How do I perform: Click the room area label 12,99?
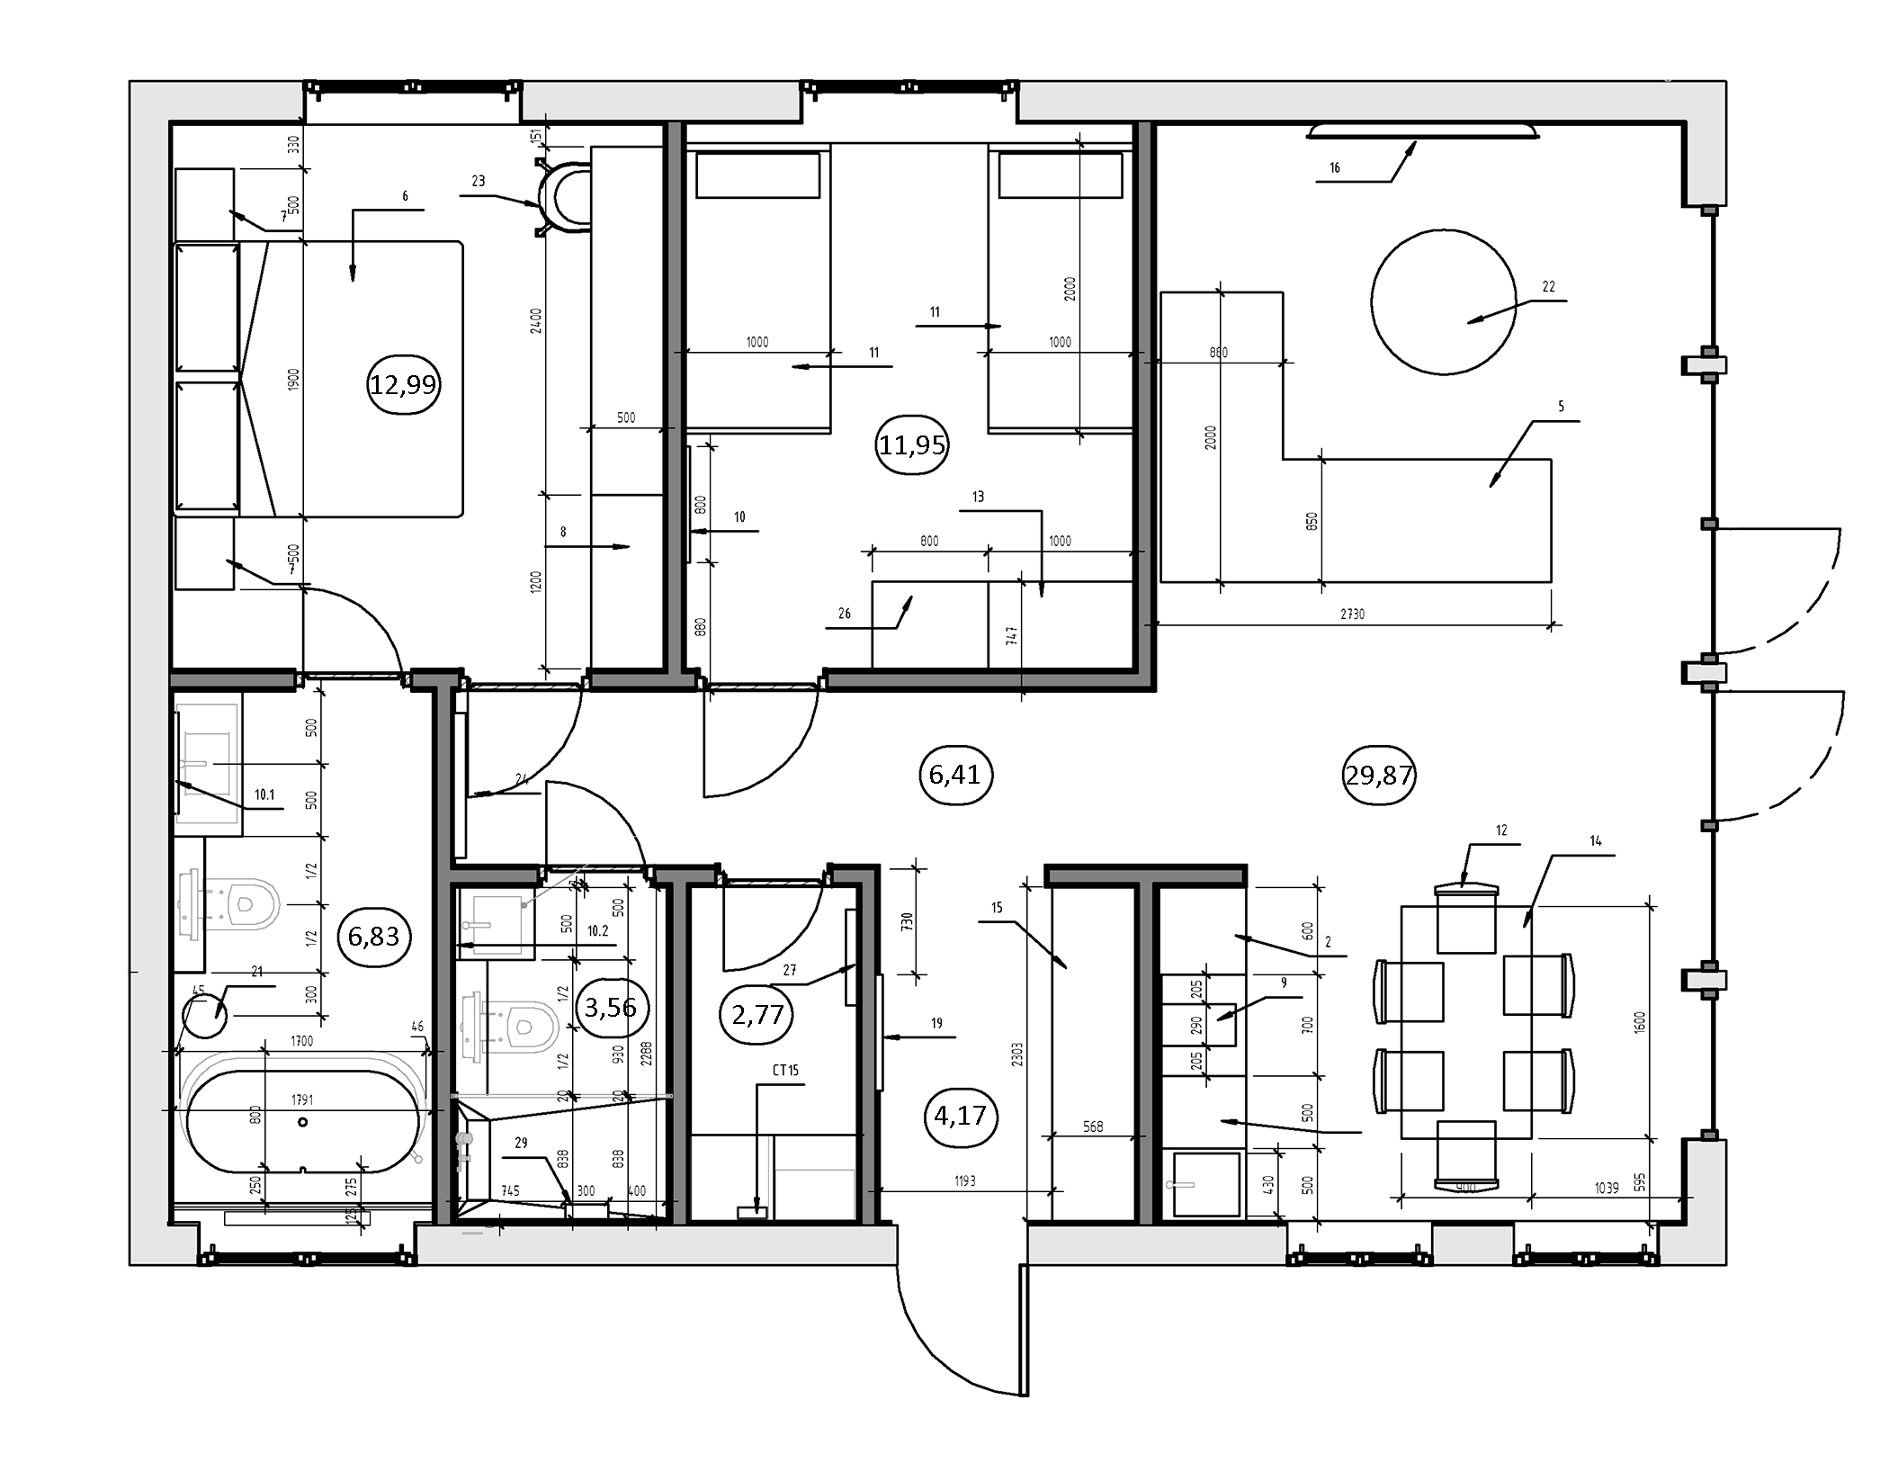[403, 385]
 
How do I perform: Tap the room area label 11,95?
[912, 444]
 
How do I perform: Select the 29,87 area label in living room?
[1379, 775]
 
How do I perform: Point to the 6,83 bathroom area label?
[373, 937]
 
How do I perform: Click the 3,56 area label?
[610, 1007]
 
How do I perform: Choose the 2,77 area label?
[757, 1015]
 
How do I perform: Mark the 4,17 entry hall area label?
[960, 1116]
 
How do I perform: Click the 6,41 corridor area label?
[954, 774]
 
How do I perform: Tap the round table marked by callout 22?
[1443, 302]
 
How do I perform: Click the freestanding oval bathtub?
[302, 1122]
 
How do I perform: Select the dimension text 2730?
[1352, 615]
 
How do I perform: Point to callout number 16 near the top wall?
[1334, 168]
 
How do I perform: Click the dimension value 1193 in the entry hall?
[964, 1181]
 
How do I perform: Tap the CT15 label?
[784, 1071]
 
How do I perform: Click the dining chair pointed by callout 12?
[1466, 920]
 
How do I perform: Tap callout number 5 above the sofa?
[1561, 407]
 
